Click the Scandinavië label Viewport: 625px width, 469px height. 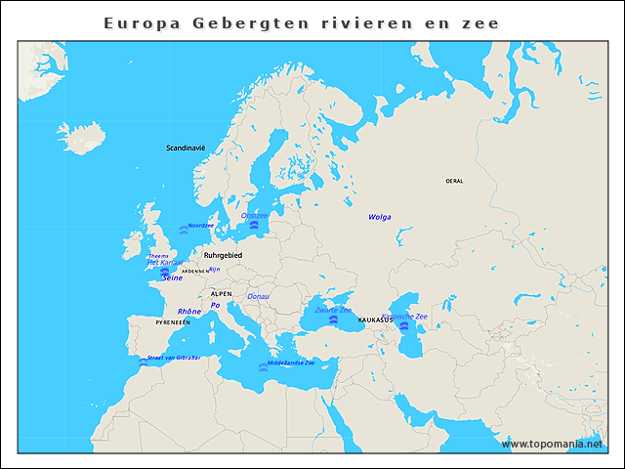pyautogui.click(x=186, y=148)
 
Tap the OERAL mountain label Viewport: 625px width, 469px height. pyautogui.click(x=454, y=181)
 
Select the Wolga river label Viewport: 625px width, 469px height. pyautogui.click(x=380, y=217)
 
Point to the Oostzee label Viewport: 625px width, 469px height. pyautogui.click(x=254, y=215)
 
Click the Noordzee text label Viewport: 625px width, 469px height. pyautogui.click(x=200, y=226)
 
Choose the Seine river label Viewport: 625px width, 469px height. pyautogui.click(x=172, y=277)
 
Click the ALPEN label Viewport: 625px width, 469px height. pyautogui.click(x=222, y=292)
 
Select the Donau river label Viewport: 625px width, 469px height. pyautogui.click(x=259, y=296)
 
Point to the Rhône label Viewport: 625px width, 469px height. pyautogui.click(x=189, y=312)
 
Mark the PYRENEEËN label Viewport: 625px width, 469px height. pyautogui.click(x=173, y=321)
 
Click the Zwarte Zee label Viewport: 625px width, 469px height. pyautogui.click(x=333, y=310)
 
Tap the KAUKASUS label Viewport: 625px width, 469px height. pyautogui.click(x=375, y=320)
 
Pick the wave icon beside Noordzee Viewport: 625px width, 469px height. pyautogui.click(x=183, y=230)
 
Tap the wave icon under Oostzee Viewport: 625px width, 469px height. pyautogui.click(x=254, y=225)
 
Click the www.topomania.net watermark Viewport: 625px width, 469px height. pyautogui.click(x=552, y=444)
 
